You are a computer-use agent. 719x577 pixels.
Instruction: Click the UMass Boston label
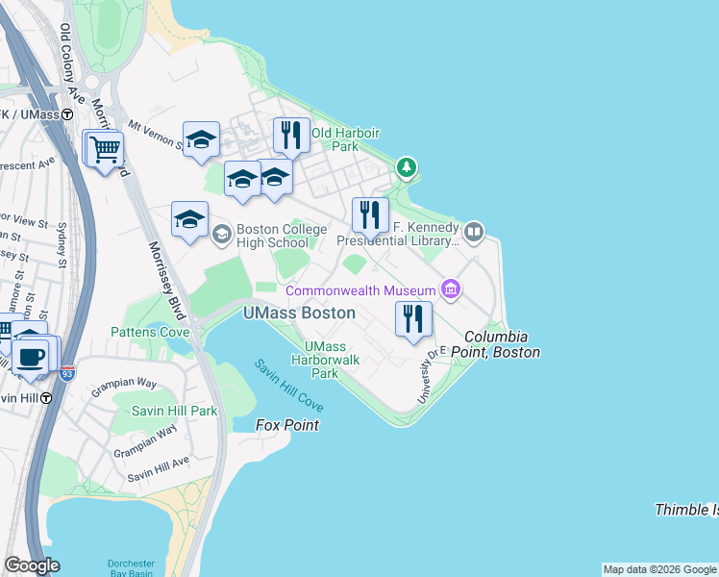click(298, 314)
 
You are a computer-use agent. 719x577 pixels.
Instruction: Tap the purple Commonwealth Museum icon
click(449, 289)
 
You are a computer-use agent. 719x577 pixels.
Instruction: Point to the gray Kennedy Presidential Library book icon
click(473, 232)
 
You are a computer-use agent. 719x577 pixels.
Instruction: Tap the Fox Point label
click(287, 425)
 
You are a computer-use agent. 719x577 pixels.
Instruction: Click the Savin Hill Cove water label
click(288, 387)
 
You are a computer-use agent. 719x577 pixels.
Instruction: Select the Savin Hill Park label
click(163, 411)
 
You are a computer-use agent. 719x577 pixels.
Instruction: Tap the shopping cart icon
click(105, 149)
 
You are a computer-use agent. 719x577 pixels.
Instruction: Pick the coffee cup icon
click(33, 357)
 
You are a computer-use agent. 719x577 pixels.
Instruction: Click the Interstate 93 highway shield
click(67, 372)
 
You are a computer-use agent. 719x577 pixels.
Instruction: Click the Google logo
click(32, 565)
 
